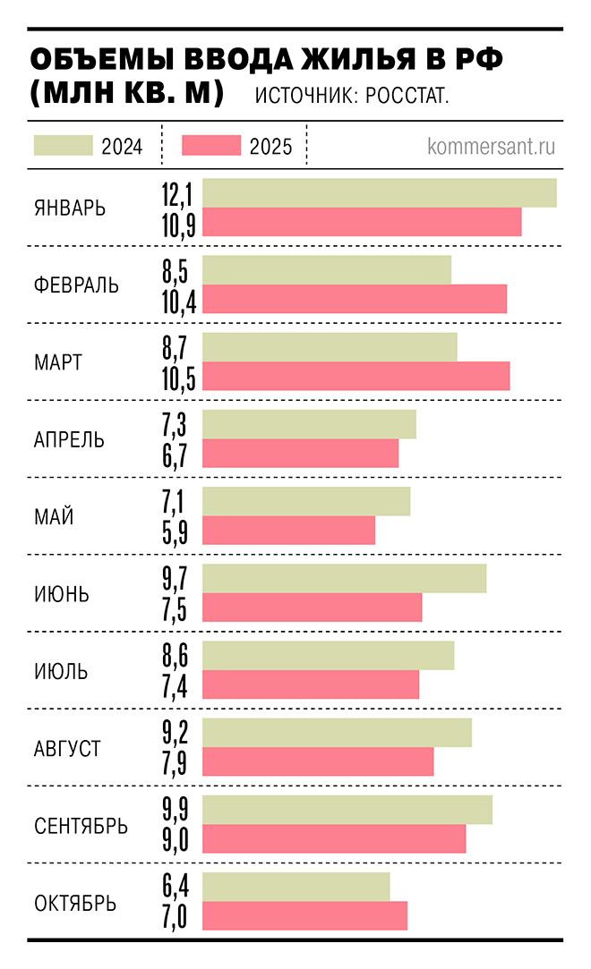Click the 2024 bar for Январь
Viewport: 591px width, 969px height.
(x=380, y=193)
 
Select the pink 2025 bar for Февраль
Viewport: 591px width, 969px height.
(x=355, y=299)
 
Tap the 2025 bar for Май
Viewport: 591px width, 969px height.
(x=289, y=531)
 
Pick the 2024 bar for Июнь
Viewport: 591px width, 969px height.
(x=345, y=579)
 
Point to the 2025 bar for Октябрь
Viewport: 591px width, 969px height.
(x=305, y=915)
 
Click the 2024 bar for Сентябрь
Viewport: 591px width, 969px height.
(x=347, y=810)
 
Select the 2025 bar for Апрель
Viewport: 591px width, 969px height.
(x=301, y=454)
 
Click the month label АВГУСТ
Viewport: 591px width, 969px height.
(x=67, y=748)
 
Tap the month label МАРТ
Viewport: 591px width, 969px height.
(x=58, y=363)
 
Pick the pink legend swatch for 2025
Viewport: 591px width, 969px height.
(x=211, y=146)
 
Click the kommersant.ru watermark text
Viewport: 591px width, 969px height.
(x=492, y=146)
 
